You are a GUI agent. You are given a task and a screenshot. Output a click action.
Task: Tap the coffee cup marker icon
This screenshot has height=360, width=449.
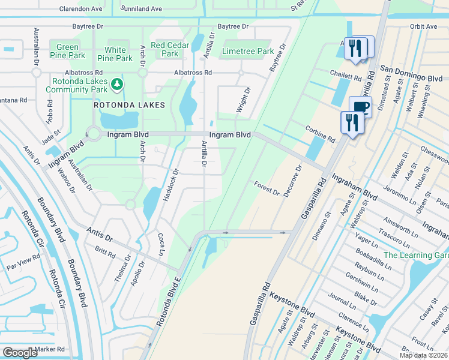360,107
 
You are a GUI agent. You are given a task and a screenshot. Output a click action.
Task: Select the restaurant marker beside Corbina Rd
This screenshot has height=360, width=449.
352,123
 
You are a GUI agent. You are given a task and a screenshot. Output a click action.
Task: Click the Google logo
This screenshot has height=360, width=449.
20,353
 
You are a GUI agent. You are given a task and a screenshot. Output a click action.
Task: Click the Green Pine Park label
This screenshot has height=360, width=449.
67,51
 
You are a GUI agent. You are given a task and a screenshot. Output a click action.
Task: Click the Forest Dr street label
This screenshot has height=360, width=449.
267,188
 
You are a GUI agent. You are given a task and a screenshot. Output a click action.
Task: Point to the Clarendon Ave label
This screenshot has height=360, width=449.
80,9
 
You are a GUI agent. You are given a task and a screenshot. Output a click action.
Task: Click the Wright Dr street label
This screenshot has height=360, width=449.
245,100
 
